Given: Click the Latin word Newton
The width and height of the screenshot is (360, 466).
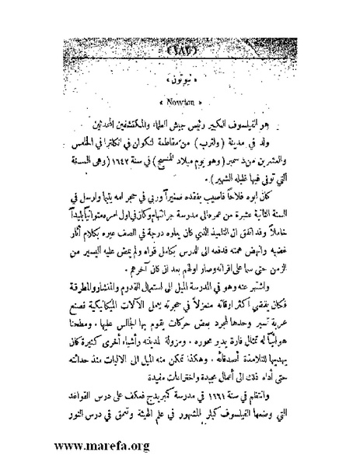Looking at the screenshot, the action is click(x=180, y=101).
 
